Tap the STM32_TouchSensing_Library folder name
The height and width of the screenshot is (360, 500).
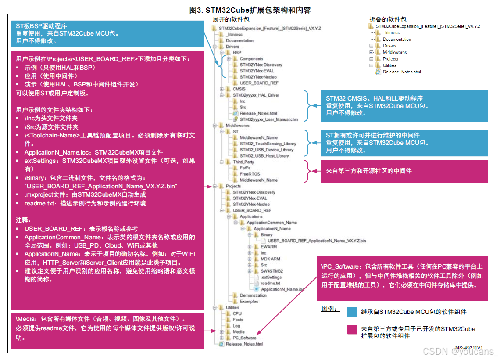click(268, 144)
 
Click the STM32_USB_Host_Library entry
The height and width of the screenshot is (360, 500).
click(264, 156)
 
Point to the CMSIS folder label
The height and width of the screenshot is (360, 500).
click(239, 89)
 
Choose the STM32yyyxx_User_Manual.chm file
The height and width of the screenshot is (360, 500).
click(268, 119)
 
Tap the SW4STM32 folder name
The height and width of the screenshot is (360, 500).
click(271, 271)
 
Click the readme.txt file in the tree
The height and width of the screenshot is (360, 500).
click(270, 283)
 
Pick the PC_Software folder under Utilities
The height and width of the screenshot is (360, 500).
click(244, 338)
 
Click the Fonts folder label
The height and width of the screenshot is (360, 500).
click(238, 320)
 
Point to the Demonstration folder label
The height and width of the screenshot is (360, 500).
click(253, 295)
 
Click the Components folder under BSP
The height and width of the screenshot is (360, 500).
click(251, 59)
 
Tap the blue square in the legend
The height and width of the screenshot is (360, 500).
click(352, 312)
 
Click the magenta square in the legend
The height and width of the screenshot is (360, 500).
click(352, 330)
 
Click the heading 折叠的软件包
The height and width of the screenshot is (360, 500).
click(388, 19)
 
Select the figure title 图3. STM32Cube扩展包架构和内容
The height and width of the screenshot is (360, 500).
click(250, 10)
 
